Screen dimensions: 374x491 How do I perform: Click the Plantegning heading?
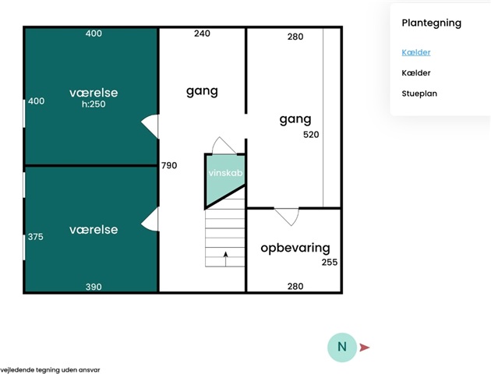(x=431, y=23)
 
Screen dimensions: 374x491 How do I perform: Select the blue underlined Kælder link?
(x=415, y=52)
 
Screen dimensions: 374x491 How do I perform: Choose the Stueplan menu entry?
(x=419, y=93)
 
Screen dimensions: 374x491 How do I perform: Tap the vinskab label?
(x=224, y=174)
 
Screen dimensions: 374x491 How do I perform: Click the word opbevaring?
(x=295, y=248)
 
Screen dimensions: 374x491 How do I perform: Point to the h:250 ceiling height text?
(x=94, y=104)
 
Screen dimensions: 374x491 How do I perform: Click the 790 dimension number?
(x=169, y=165)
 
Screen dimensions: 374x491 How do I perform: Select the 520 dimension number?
(x=311, y=134)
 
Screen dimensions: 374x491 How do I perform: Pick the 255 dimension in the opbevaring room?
(x=330, y=262)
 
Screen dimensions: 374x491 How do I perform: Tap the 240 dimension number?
(x=202, y=34)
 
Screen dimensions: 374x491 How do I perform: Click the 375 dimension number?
(x=36, y=237)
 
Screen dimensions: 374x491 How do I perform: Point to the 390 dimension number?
(x=94, y=287)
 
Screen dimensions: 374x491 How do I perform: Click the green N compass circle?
(x=341, y=347)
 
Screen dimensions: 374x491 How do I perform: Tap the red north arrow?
(x=364, y=348)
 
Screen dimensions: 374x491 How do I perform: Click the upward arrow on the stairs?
(x=225, y=258)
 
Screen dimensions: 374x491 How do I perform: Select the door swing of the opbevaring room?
(x=286, y=216)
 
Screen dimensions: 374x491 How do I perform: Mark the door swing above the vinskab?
(x=224, y=146)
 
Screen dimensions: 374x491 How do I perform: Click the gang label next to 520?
(x=295, y=119)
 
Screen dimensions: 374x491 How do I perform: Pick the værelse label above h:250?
(x=94, y=93)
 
